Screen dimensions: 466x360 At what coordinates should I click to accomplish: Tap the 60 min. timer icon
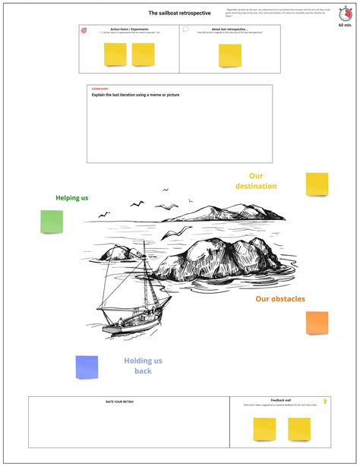point(346,14)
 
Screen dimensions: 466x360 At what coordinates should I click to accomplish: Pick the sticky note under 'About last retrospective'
point(230,55)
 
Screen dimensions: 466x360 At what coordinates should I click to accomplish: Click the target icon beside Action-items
point(84,31)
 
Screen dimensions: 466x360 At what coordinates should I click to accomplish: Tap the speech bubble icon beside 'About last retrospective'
point(185,30)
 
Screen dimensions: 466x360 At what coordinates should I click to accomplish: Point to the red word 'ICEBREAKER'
point(99,90)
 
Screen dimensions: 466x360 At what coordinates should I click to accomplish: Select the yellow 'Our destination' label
point(256,181)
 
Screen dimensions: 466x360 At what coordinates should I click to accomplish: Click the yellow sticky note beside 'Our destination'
point(317,184)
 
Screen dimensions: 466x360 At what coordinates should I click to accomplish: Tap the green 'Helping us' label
point(72,198)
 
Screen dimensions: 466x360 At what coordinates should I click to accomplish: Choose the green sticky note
point(52,222)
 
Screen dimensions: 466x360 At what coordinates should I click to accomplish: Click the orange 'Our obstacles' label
point(280,299)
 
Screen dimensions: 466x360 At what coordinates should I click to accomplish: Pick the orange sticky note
point(317,323)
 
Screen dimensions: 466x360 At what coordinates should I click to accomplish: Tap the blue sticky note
point(87,367)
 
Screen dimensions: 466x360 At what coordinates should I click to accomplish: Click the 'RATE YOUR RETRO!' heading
point(120,401)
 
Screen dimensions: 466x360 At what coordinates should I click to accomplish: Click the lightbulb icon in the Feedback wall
point(325,401)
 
